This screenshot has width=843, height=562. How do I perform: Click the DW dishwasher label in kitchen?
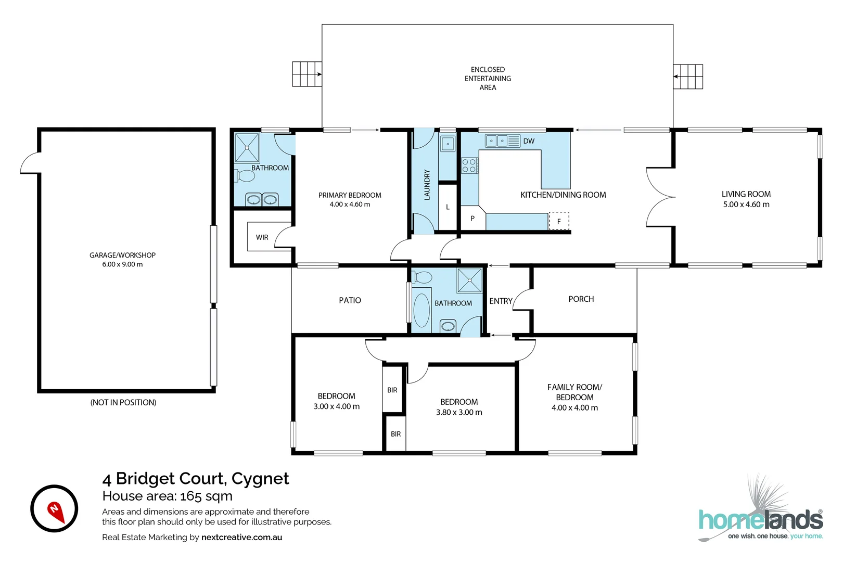(x=529, y=141)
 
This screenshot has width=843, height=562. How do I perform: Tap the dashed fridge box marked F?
(x=559, y=221)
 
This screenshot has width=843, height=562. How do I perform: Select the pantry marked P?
(x=472, y=219)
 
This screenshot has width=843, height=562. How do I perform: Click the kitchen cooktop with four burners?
(x=469, y=165)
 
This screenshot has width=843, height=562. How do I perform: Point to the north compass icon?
(x=54, y=508)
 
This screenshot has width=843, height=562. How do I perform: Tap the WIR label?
(x=262, y=237)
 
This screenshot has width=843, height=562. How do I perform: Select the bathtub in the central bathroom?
(x=421, y=310)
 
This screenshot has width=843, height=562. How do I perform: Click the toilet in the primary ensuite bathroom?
(x=245, y=176)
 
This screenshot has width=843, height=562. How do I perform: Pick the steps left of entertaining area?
(x=306, y=74)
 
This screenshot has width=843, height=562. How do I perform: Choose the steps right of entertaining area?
(x=688, y=76)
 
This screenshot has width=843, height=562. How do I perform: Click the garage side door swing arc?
(x=30, y=163)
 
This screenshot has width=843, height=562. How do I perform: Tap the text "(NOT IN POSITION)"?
(x=123, y=402)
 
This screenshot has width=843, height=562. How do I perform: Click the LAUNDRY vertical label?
(x=427, y=185)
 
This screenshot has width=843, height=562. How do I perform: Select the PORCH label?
(x=581, y=299)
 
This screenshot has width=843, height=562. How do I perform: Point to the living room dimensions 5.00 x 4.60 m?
(x=746, y=205)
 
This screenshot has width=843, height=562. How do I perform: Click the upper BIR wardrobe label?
(x=392, y=390)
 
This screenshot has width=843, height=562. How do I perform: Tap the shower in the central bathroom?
(x=469, y=280)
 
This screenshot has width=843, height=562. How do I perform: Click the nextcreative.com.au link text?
(x=241, y=537)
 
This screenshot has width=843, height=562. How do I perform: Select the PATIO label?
(x=350, y=300)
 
